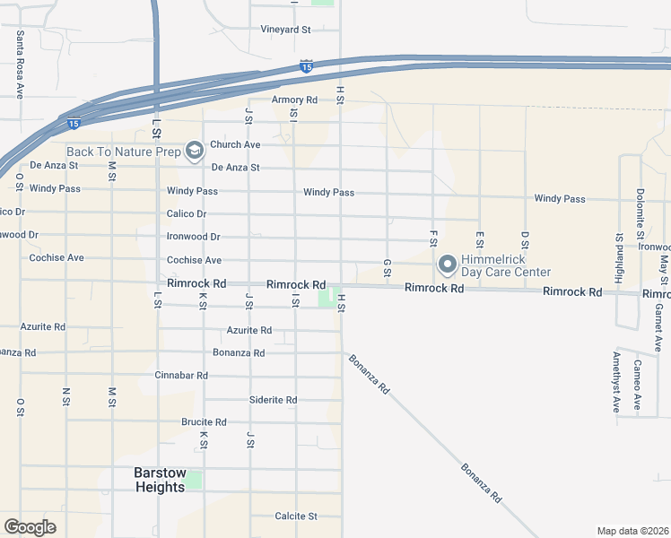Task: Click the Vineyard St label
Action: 285,30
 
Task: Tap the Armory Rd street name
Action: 295,100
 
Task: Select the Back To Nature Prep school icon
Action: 194,150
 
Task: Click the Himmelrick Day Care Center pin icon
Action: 447,265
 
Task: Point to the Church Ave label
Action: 235,144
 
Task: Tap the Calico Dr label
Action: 187,214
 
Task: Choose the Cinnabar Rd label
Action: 181,376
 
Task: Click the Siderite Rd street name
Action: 273,400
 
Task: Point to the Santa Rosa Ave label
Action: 20,64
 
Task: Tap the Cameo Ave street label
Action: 637,385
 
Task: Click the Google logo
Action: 30,527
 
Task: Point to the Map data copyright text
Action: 632,531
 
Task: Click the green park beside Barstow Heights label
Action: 193,482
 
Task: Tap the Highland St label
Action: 619,258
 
